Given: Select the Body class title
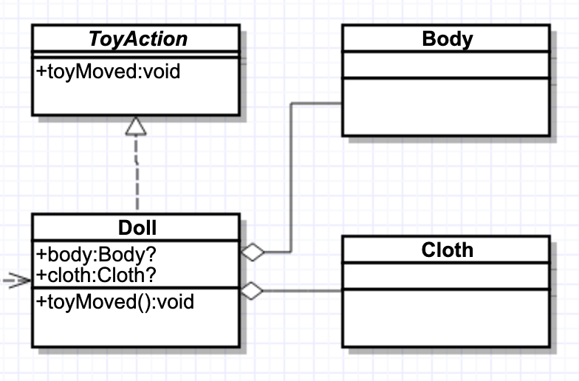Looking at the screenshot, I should [447, 38].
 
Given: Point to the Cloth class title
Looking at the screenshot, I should [447, 250].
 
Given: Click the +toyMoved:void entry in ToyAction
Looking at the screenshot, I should [109, 72].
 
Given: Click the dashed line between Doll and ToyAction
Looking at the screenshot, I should [137, 177].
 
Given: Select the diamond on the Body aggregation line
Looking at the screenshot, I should [253, 253].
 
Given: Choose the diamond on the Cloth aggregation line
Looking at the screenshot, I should [253, 291].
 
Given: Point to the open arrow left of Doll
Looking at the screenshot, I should [15, 281].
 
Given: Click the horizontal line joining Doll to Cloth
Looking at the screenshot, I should [303, 291].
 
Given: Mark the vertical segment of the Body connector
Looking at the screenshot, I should [292, 177].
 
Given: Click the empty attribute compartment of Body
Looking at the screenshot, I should [446, 64].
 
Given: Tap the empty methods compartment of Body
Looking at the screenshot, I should [446, 106].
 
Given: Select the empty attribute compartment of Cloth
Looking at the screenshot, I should [446, 275].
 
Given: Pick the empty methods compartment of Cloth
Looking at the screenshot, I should [446, 317].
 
